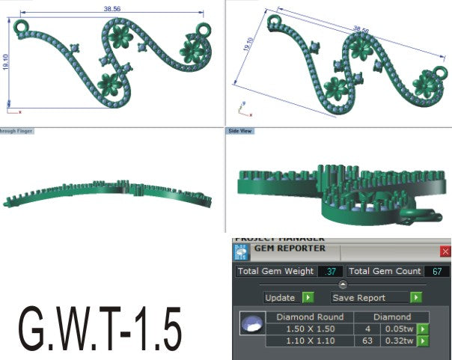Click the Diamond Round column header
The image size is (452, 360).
pyautogui.click(x=310, y=317)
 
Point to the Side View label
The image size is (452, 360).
pyautogui.click(x=240, y=130)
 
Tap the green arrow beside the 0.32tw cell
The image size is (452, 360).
pyautogui.click(x=423, y=341)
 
